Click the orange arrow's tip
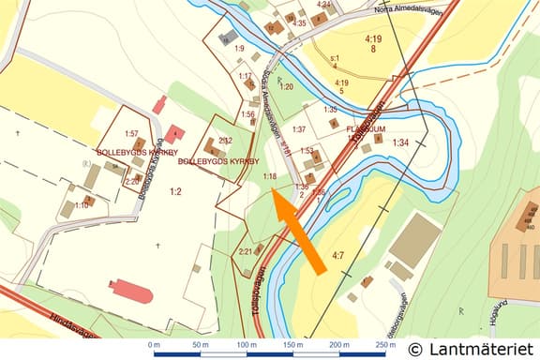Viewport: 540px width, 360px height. [272, 189]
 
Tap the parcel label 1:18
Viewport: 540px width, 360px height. [269, 176]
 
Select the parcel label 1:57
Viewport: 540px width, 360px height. [131, 134]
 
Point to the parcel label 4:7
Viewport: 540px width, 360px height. [338, 254]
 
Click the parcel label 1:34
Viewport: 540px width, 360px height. [401, 142]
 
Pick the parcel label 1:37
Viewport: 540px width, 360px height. [299, 129]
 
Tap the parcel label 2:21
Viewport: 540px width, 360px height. [245, 250]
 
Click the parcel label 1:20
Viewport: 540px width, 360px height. [286, 86]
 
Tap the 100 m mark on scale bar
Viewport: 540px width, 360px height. [247, 346]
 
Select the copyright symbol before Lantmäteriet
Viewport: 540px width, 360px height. [415, 348]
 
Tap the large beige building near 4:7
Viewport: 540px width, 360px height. [414, 240]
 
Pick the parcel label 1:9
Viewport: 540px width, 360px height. [238, 48]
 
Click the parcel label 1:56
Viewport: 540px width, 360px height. [247, 114]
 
